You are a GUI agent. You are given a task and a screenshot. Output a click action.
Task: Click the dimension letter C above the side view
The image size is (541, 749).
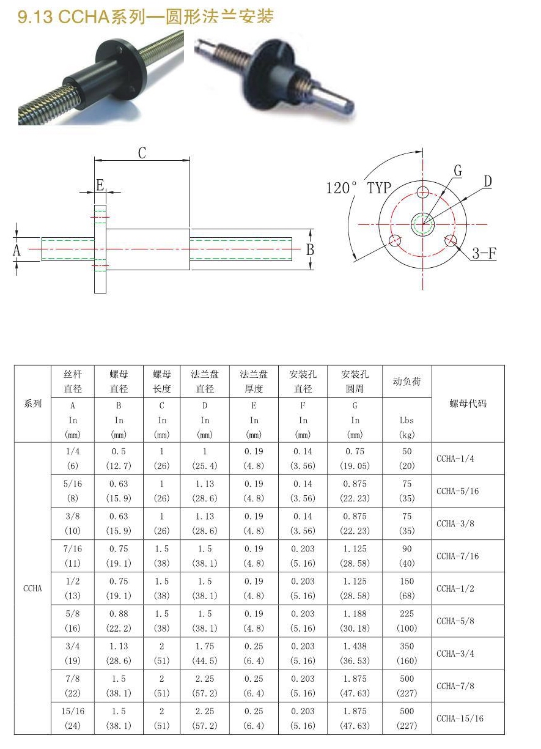142,153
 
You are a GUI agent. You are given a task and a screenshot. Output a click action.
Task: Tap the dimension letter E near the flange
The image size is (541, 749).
100,185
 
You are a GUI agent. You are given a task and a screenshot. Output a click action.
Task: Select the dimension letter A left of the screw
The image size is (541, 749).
17,250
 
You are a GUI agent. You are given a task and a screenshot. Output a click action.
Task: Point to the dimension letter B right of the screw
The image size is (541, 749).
310,249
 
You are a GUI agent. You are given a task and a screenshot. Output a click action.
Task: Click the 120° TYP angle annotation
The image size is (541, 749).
358,188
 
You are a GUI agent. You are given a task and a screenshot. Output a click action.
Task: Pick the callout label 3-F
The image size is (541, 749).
484,254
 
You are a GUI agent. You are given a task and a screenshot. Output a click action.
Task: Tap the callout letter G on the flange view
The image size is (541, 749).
458,171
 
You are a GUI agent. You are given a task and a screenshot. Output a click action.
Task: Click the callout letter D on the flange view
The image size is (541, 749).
487,182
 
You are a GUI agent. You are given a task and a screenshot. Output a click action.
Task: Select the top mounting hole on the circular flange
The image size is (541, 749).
422,193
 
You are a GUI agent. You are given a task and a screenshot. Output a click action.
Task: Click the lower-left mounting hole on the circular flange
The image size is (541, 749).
395,240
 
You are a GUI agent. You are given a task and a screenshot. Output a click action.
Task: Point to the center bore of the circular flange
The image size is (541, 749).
422,224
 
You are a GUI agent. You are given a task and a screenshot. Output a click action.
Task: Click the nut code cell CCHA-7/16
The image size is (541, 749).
458,556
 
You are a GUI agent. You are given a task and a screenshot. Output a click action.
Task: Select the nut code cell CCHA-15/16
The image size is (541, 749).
460,718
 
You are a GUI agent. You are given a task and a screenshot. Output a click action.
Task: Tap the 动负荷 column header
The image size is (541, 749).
407,382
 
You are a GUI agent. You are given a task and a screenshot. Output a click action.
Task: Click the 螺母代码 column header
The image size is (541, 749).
468,404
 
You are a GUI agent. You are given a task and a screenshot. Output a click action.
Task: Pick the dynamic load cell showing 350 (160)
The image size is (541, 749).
407,653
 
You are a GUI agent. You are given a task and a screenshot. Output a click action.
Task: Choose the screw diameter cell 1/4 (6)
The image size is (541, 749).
73,459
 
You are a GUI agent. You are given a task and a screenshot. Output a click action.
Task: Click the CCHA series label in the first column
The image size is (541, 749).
32,588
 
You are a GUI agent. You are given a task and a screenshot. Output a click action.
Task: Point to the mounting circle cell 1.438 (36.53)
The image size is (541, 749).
355,653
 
